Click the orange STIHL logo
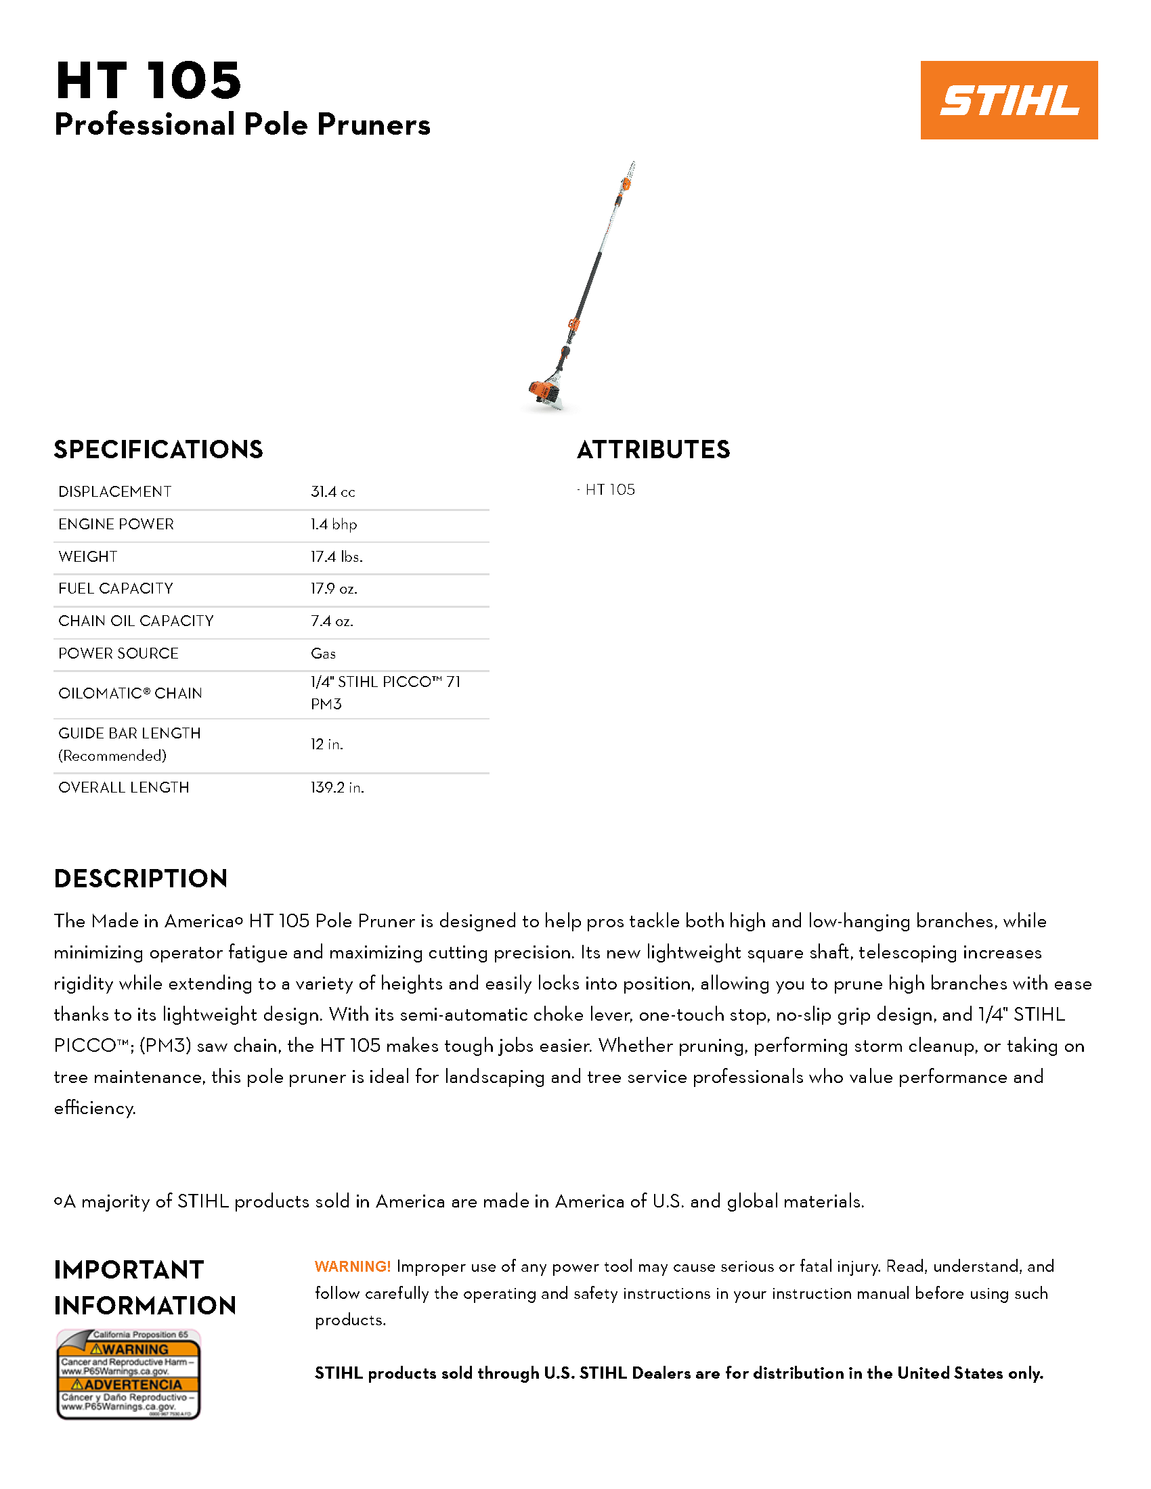(x=1009, y=100)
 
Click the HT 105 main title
(x=149, y=81)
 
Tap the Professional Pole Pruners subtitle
(x=242, y=125)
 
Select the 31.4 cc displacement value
(x=332, y=491)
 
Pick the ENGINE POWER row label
(x=116, y=525)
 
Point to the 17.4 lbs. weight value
(x=337, y=556)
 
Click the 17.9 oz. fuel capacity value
(x=334, y=588)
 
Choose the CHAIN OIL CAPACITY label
(x=135, y=621)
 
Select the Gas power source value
(x=323, y=653)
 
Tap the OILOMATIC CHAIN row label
(x=130, y=693)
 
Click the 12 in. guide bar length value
(x=326, y=744)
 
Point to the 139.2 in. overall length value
(x=338, y=787)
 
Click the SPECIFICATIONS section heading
(x=158, y=450)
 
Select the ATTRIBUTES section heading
(x=653, y=450)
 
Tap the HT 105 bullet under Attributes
(x=609, y=489)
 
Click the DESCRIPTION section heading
(x=140, y=879)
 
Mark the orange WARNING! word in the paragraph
(x=353, y=1266)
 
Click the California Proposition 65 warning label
(x=128, y=1374)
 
